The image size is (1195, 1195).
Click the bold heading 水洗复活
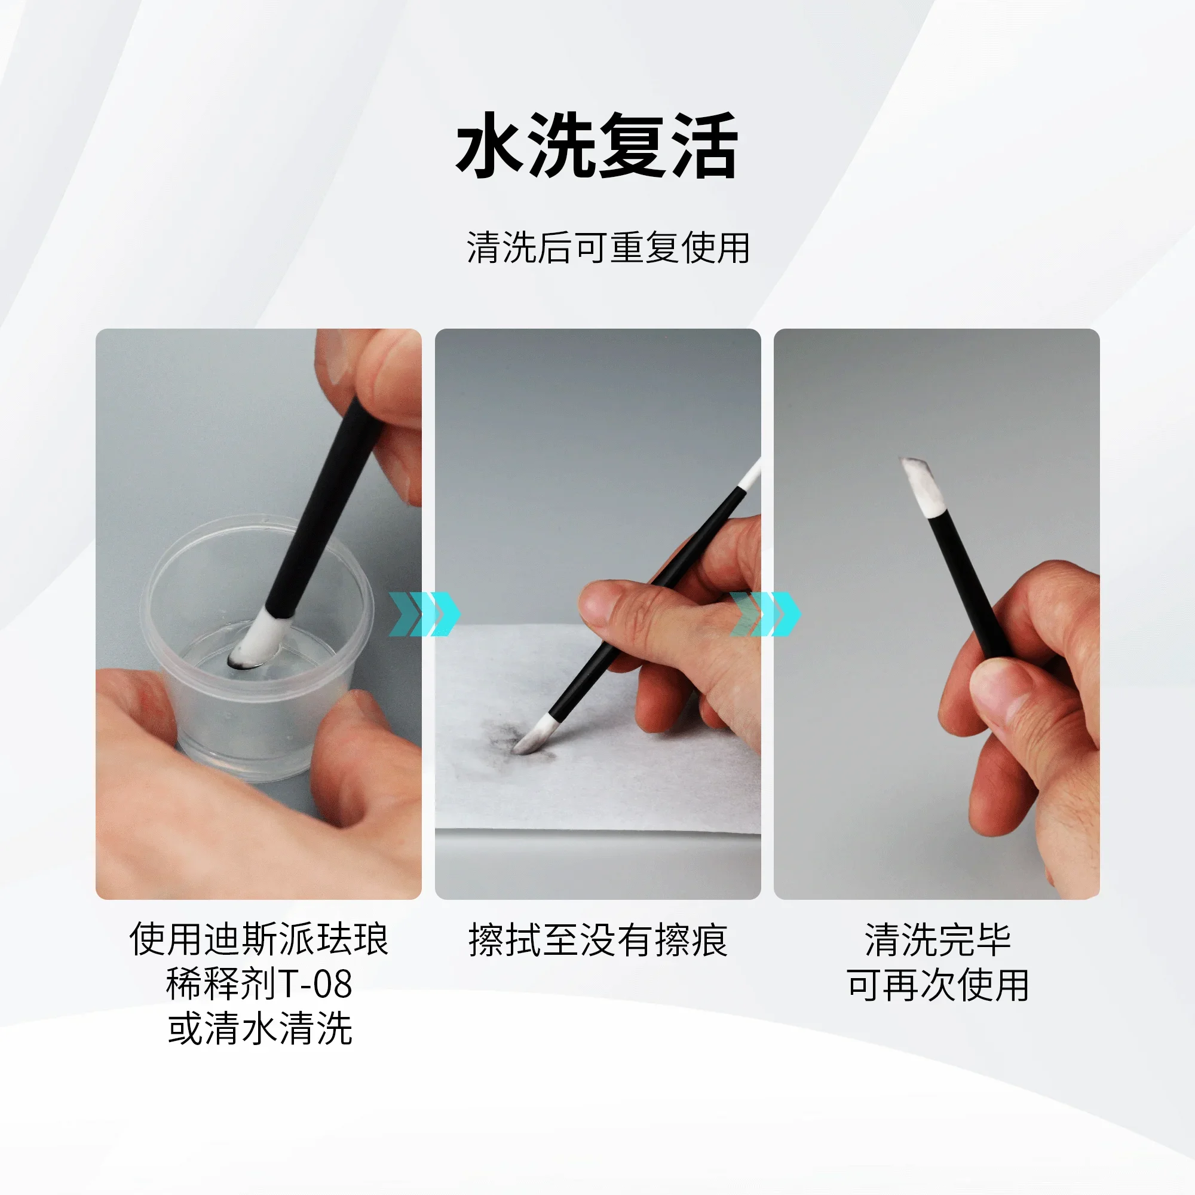click(x=597, y=146)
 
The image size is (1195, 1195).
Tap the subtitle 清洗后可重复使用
click(x=608, y=248)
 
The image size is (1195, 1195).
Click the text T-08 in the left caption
click(x=315, y=984)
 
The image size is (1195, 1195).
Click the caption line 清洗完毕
click(x=937, y=940)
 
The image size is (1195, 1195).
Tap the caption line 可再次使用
click(x=937, y=985)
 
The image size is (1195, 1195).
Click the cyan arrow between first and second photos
click(x=424, y=614)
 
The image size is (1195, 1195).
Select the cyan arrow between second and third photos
click(x=765, y=614)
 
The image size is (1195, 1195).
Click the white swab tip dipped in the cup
click(x=255, y=640)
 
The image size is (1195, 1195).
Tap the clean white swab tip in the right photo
click(x=923, y=489)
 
